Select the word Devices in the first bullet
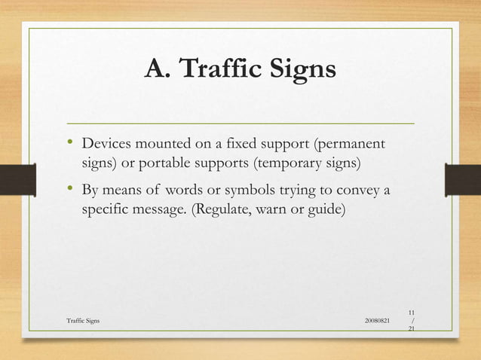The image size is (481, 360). point(106,143)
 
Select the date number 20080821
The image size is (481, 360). point(377,321)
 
